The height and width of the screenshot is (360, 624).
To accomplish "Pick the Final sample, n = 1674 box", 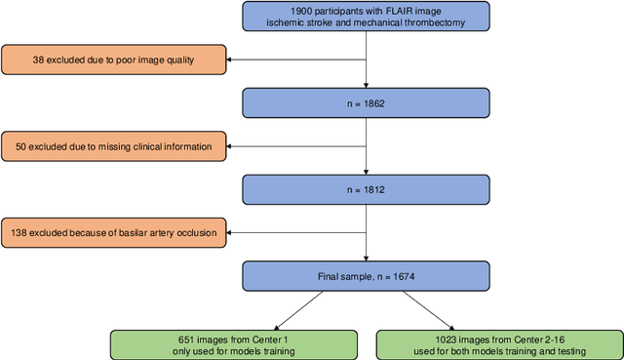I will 365,278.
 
